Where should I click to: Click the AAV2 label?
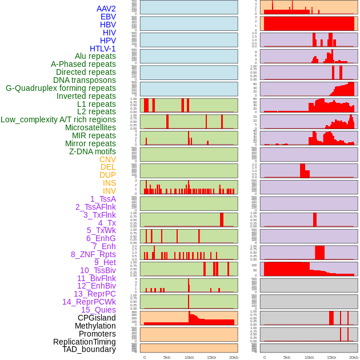click(x=106, y=9)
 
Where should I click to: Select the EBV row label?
click(x=108, y=17)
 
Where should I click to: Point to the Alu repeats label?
click(x=95, y=56)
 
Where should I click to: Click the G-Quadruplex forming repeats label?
click(x=61, y=88)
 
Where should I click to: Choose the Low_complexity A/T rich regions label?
click(x=58, y=119)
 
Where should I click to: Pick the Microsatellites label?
click(x=90, y=127)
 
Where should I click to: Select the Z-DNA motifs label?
click(x=92, y=151)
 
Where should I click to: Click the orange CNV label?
click(x=107, y=159)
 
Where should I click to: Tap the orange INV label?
click(x=109, y=191)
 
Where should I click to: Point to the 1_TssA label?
click(x=103, y=199)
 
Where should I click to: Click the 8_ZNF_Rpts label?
click(x=93, y=254)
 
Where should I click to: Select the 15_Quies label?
click(x=98, y=310)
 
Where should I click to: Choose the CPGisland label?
click(x=97, y=318)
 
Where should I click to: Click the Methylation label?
click(x=96, y=326)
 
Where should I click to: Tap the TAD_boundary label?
click(x=89, y=349)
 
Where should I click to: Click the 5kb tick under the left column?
click(x=167, y=357)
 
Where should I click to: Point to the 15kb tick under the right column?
click(x=331, y=357)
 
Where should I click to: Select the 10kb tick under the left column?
click(x=189, y=357)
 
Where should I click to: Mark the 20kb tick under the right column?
click(x=354, y=357)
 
